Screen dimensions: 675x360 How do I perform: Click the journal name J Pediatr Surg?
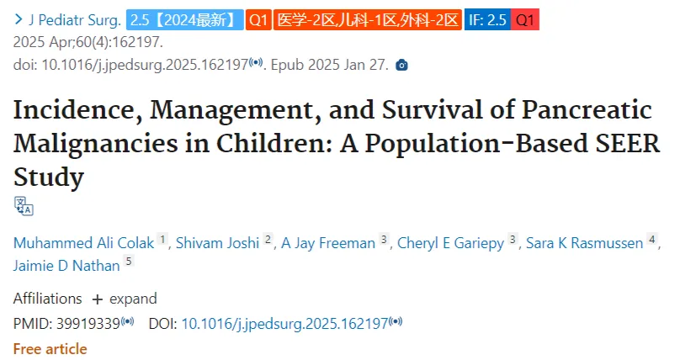click(x=75, y=20)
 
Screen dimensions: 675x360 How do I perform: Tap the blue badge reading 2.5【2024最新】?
click(x=184, y=20)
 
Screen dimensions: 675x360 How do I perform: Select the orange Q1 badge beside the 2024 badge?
click(x=258, y=20)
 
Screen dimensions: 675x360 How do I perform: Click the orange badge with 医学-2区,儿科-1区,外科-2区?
click(x=368, y=20)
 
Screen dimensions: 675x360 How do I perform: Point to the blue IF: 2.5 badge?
click(x=487, y=20)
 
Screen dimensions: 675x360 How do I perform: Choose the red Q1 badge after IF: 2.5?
click(x=525, y=20)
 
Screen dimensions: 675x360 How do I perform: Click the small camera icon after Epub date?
click(x=401, y=65)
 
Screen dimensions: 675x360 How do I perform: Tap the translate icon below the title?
click(x=24, y=206)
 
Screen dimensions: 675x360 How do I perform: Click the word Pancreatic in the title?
click(x=587, y=109)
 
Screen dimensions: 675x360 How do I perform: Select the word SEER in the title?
click(x=628, y=143)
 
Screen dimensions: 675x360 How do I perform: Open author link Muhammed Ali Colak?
click(x=83, y=243)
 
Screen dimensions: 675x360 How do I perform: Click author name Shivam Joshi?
click(x=217, y=243)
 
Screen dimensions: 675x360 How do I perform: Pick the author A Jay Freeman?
click(x=328, y=243)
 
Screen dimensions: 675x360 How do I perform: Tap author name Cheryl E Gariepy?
click(x=450, y=243)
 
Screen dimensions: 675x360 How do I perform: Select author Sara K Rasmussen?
click(x=584, y=243)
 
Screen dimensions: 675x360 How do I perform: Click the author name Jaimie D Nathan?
click(x=66, y=266)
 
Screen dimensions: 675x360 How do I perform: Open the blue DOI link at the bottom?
click(x=285, y=324)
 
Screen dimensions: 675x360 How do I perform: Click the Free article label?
click(x=50, y=349)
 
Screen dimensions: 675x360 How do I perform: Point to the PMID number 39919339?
click(x=88, y=324)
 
